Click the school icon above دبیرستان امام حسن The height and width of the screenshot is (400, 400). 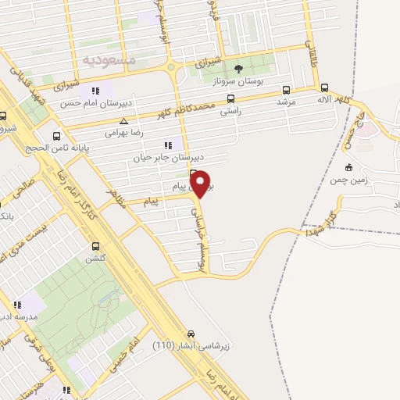(x=95, y=90)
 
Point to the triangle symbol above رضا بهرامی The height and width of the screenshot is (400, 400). (x=123, y=121)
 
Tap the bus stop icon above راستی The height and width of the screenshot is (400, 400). (x=230, y=99)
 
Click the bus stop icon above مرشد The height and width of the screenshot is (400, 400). (x=286, y=90)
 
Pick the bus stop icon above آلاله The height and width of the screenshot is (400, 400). (x=325, y=88)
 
